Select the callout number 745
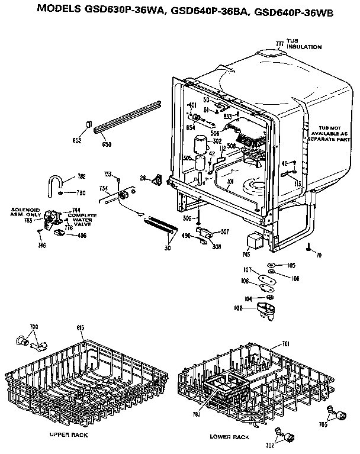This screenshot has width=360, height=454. [x=246, y=255]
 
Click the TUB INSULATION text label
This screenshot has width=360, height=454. [x=304, y=44]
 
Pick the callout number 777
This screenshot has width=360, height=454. [x=280, y=42]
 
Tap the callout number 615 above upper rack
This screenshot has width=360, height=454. [x=81, y=327]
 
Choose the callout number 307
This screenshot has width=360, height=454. [x=224, y=231]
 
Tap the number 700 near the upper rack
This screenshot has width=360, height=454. [x=34, y=327]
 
